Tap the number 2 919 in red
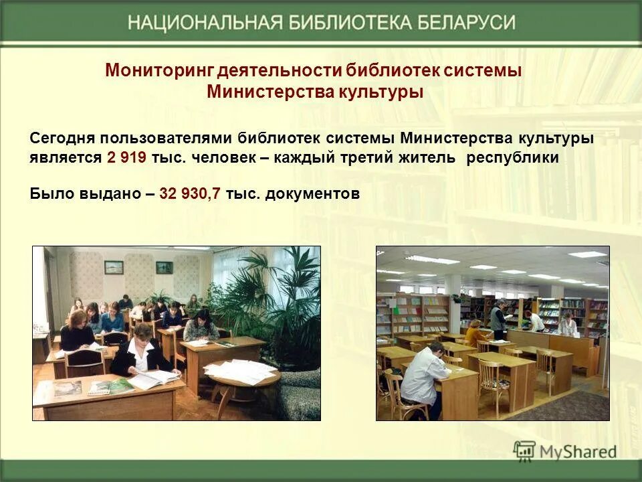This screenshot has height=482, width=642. (x=126, y=159)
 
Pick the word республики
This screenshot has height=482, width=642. (x=512, y=159)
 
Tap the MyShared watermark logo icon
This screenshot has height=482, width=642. (x=524, y=451)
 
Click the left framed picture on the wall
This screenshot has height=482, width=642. (x=114, y=266)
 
